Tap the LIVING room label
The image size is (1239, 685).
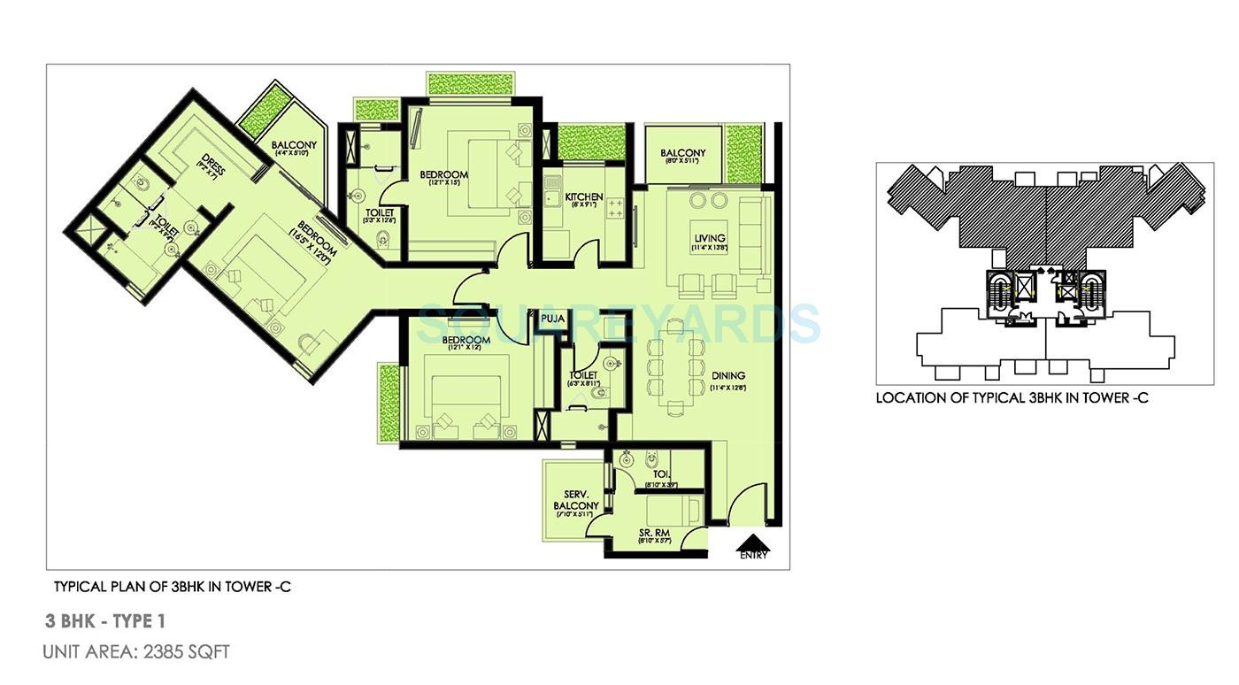point(710,238)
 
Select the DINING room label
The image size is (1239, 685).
point(727,375)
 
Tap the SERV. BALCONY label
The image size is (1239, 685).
point(577,500)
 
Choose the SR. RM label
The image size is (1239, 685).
point(654,534)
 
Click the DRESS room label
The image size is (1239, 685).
point(211,165)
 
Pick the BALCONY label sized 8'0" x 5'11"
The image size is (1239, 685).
point(683,153)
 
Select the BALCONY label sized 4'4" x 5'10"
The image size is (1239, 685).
point(294,145)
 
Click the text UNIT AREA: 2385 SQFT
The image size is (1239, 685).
point(136,652)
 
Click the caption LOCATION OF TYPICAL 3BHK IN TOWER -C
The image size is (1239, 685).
point(1012,398)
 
